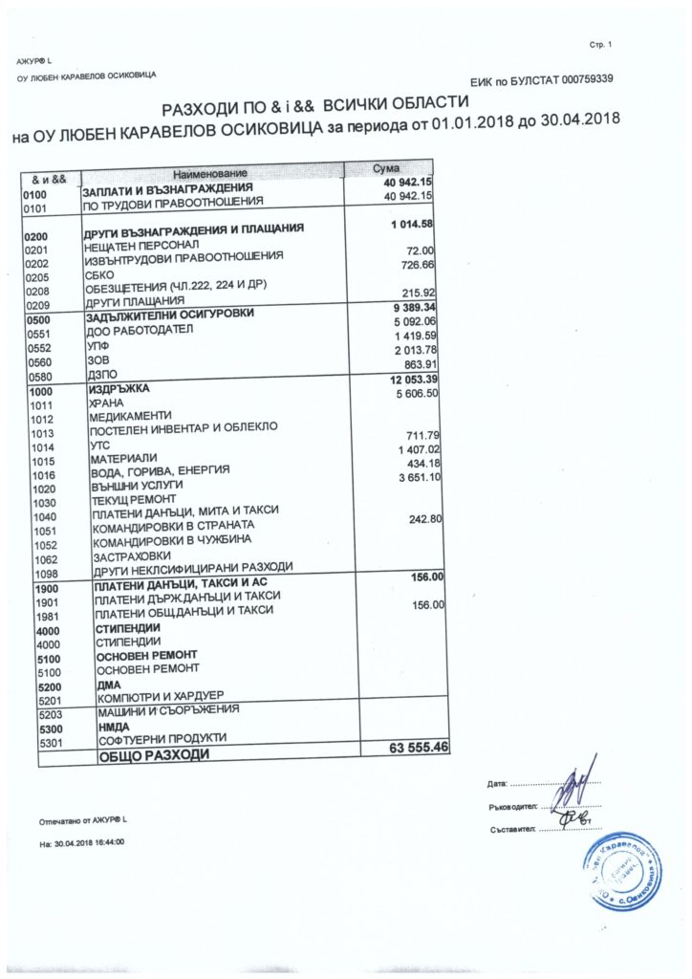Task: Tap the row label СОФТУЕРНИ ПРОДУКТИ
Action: tap(156, 739)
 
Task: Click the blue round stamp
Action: tap(619, 870)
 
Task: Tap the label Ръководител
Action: tap(512, 806)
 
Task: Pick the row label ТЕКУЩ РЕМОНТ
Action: tap(127, 501)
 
